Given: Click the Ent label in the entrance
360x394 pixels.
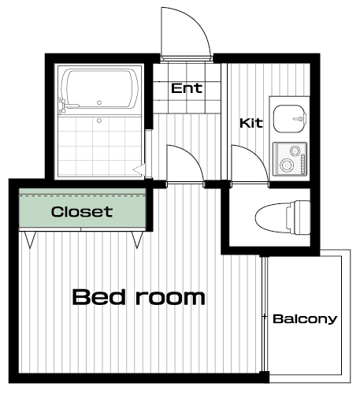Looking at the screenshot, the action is pos(187,88).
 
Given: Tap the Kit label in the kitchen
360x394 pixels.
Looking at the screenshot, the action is pos(251,123).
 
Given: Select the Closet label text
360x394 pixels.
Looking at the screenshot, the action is pos(82,212).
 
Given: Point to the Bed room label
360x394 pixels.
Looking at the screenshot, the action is pos(139,297).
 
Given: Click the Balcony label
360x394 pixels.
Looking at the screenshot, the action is pos(305,319).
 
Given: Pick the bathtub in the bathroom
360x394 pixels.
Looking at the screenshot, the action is pos(99,88).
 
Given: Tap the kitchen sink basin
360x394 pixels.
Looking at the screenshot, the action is pos(290,119).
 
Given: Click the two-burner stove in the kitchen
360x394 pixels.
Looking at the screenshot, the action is pos(290,159).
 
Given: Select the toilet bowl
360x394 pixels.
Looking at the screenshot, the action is pos(272,218).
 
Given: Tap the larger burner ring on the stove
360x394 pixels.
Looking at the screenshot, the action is pos(286,165).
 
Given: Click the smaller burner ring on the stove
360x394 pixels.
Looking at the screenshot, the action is pos(295,151).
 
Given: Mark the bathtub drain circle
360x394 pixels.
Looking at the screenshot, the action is pos(99,102).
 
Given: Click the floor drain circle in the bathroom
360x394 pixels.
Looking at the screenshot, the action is pos(99,121).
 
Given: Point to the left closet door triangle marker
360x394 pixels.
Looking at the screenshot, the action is pos(30,240).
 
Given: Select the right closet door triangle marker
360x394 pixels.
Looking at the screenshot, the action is pos(137,240).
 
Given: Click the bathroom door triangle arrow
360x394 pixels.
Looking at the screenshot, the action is pos(139,170).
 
